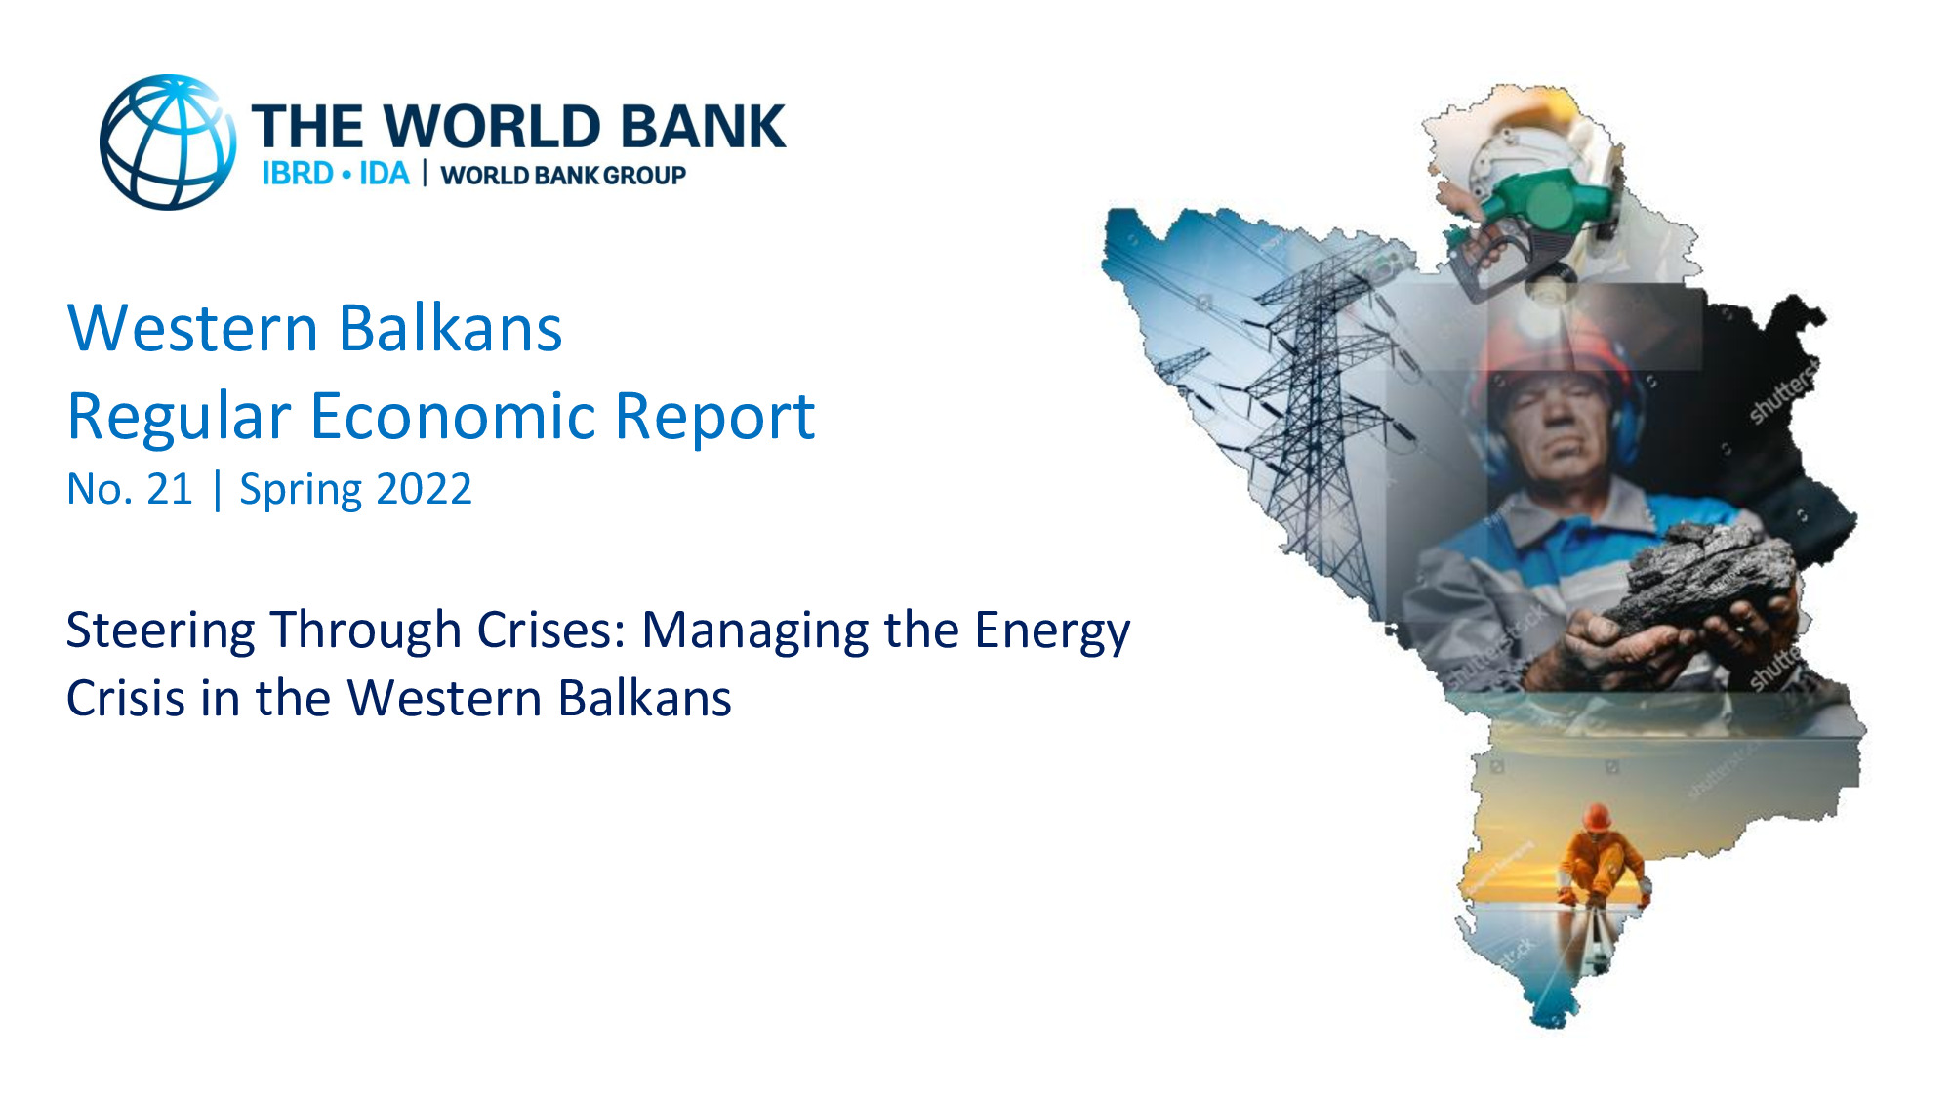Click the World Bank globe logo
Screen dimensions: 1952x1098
[168, 142]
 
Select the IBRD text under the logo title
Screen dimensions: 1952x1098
[298, 174]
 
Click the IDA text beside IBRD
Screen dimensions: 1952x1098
[385, 174]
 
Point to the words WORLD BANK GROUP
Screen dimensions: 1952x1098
[563, 176]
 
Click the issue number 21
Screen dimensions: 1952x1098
[170, 489]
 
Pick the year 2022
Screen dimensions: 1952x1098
[424, 489]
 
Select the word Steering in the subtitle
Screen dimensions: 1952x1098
[160, 631]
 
